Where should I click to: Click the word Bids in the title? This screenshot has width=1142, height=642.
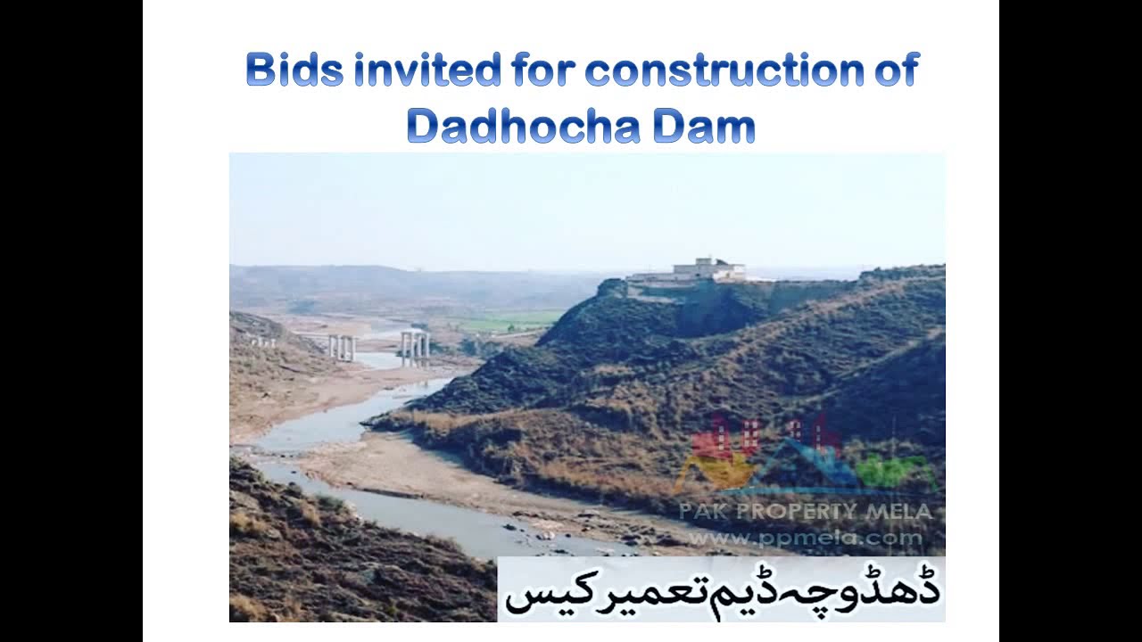(294, 70)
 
